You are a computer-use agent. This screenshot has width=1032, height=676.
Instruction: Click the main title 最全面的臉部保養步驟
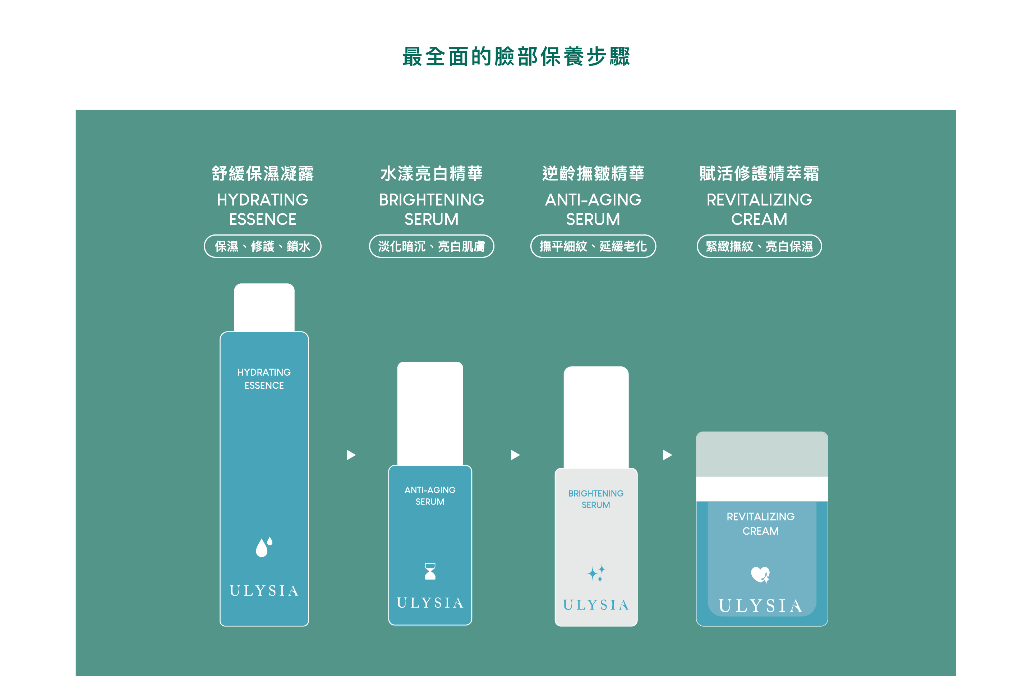pos(516,57)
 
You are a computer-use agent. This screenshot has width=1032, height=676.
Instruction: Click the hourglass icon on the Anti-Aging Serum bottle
pos(430,571)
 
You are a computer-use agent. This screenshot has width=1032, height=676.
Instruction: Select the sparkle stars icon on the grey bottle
pos(596,574)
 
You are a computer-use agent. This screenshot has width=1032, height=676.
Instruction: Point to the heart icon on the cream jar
pos(760,575)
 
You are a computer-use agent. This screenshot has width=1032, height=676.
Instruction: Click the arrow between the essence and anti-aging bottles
pos(351,455)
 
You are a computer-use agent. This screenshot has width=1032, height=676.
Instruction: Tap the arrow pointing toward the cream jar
pos(667,455)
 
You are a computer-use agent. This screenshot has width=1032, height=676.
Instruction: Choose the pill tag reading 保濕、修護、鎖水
pos(262,246)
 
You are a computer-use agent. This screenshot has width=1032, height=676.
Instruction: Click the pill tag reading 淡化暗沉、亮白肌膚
pos(432,246)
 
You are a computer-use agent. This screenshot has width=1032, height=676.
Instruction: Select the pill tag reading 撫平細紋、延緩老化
pos(593,246)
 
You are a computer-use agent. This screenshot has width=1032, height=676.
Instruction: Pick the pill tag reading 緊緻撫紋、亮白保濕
pos(759,246)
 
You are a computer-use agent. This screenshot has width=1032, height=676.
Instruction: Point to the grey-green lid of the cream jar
pos(762,454)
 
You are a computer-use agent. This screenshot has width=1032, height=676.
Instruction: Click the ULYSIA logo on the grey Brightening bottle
pos(596,605)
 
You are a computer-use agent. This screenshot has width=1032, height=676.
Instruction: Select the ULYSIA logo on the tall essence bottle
pos(264,590)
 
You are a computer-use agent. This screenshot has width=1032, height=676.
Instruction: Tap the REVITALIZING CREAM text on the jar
pos(760,524)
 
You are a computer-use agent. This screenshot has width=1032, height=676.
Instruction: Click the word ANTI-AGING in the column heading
pos(593,200)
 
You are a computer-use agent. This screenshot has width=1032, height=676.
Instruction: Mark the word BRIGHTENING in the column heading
pos(432,200)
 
